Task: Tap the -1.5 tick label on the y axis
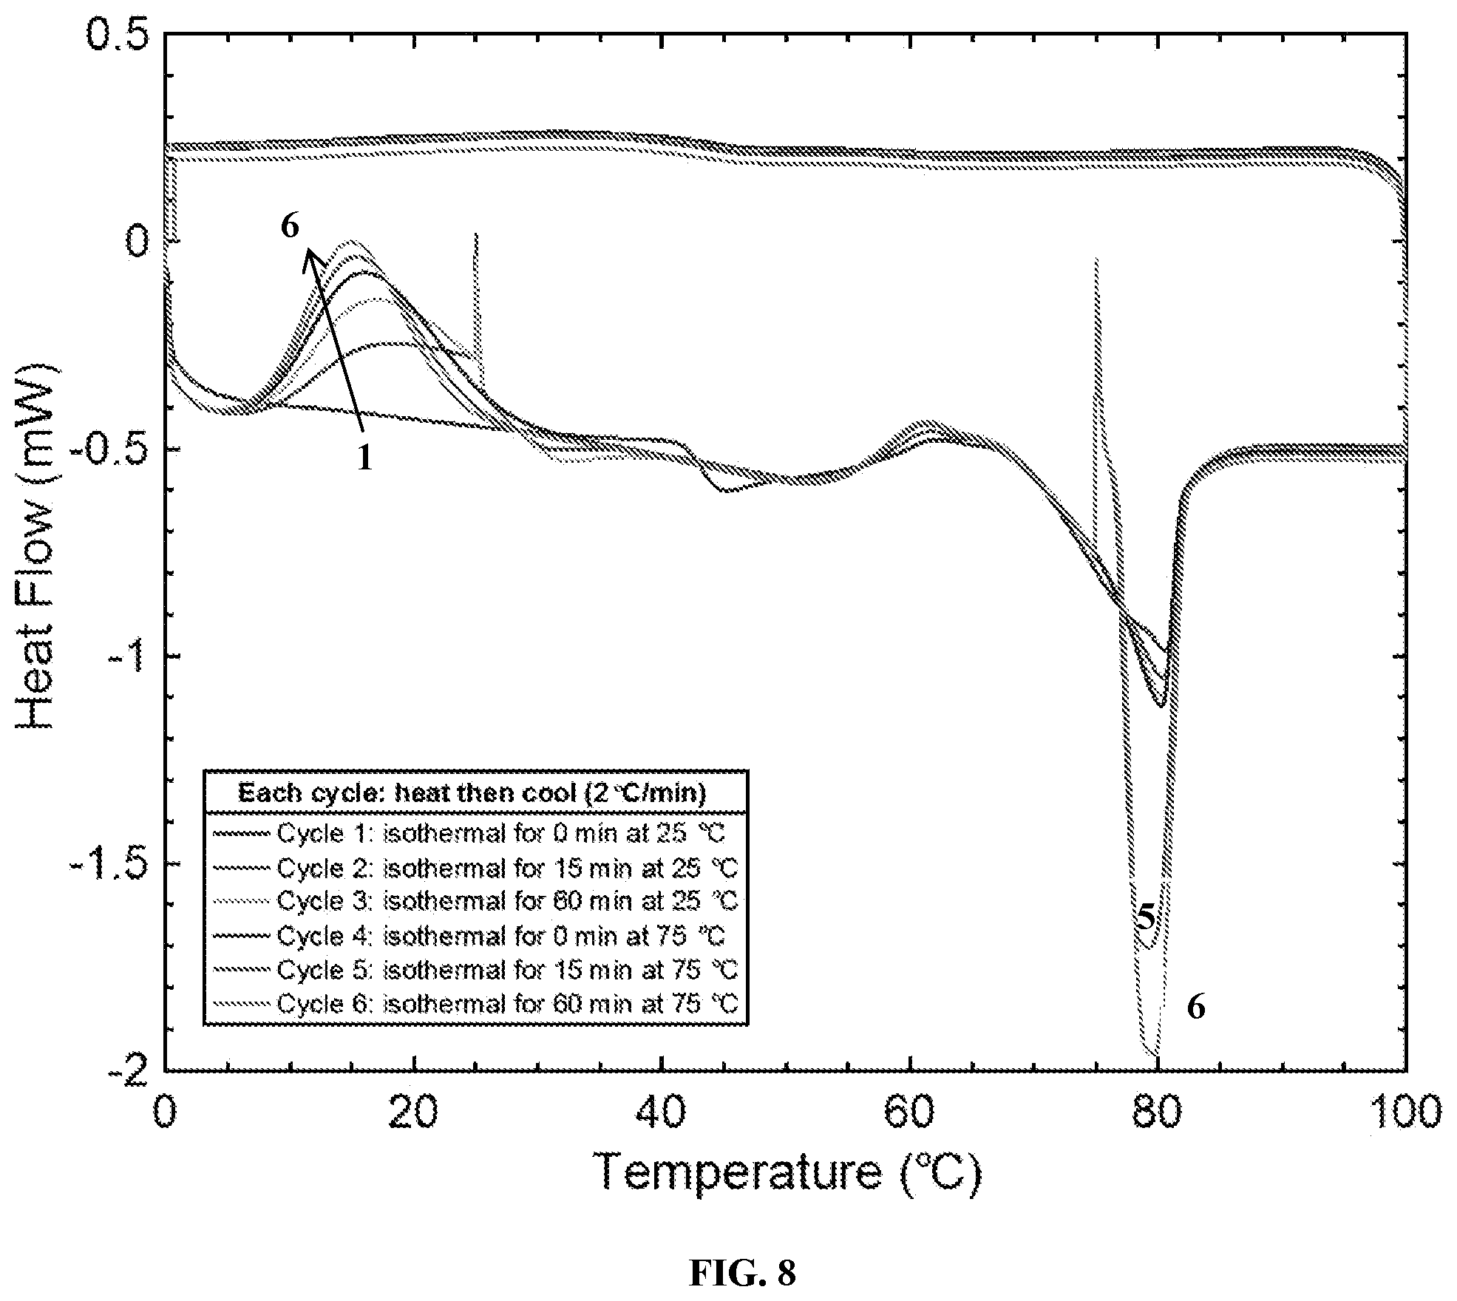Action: pos(107,863)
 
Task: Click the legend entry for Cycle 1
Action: pos(470,833)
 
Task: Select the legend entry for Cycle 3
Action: pos(476,901)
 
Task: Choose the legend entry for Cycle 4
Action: pos(470,936)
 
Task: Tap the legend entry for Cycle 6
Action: pos(476,1004)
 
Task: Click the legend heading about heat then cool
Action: pos(472,793)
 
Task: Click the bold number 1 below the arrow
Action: pos(364,458)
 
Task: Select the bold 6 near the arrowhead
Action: pos(290,225)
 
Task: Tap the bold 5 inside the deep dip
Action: pos(1145,917)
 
